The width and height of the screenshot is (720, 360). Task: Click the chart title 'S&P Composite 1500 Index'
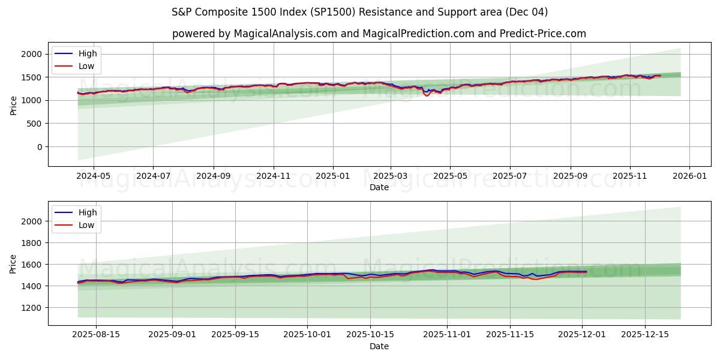[x=359, y=12]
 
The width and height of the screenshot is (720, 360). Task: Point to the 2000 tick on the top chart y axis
[x=32, y=54]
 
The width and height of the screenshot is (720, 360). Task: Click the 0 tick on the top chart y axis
[x=40, y=147]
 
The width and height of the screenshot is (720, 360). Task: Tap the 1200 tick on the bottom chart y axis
[x=32, y=308]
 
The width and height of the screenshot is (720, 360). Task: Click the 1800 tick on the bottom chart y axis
[x=32, y=243]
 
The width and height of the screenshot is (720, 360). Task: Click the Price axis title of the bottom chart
[x=13, y=264]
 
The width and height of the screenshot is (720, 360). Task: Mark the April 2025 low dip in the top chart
[x=427, y=95]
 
